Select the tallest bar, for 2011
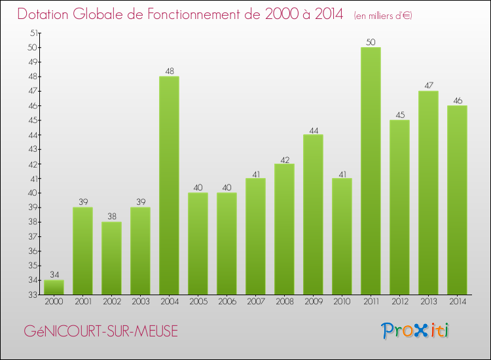tap(371, 171)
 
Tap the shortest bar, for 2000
tap(54, 287)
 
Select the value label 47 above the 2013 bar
tap(428, 86)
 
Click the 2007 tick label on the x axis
tap(255, 301)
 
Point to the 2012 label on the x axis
tap(399, 301)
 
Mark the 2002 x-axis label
tap(111, 301)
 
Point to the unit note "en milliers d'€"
tap(383, 15)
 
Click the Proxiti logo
tap(416, 331)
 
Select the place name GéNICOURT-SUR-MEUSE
tap(100, 332)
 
